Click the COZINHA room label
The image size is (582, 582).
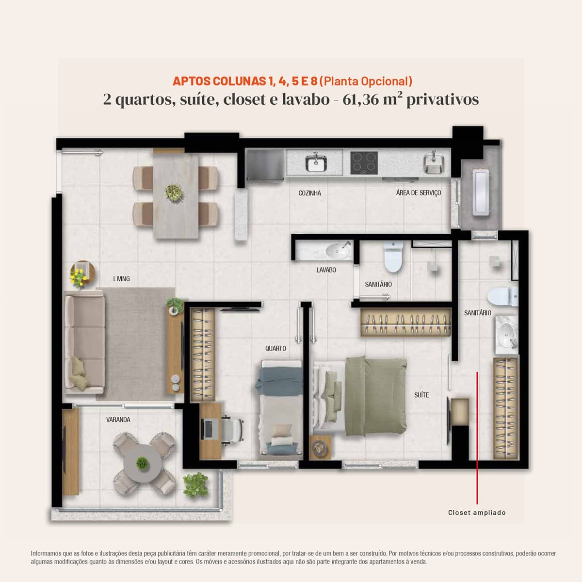[309, 193]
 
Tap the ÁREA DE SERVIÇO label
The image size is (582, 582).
[418, 193]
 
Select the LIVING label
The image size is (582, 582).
[121, 279]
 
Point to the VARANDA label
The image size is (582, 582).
[118, 420]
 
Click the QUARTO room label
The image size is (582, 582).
[275, 348]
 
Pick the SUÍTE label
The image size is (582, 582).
[421, 395]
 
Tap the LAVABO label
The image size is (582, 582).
[326, 270]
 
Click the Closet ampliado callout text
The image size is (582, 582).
[477, 513]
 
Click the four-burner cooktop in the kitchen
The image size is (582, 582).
[364, 163]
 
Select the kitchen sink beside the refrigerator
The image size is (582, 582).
[316, 163]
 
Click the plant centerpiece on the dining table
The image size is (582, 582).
[174, 193]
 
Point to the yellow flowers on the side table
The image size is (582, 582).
[79, 277]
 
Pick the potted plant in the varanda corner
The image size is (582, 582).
[196, 485]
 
